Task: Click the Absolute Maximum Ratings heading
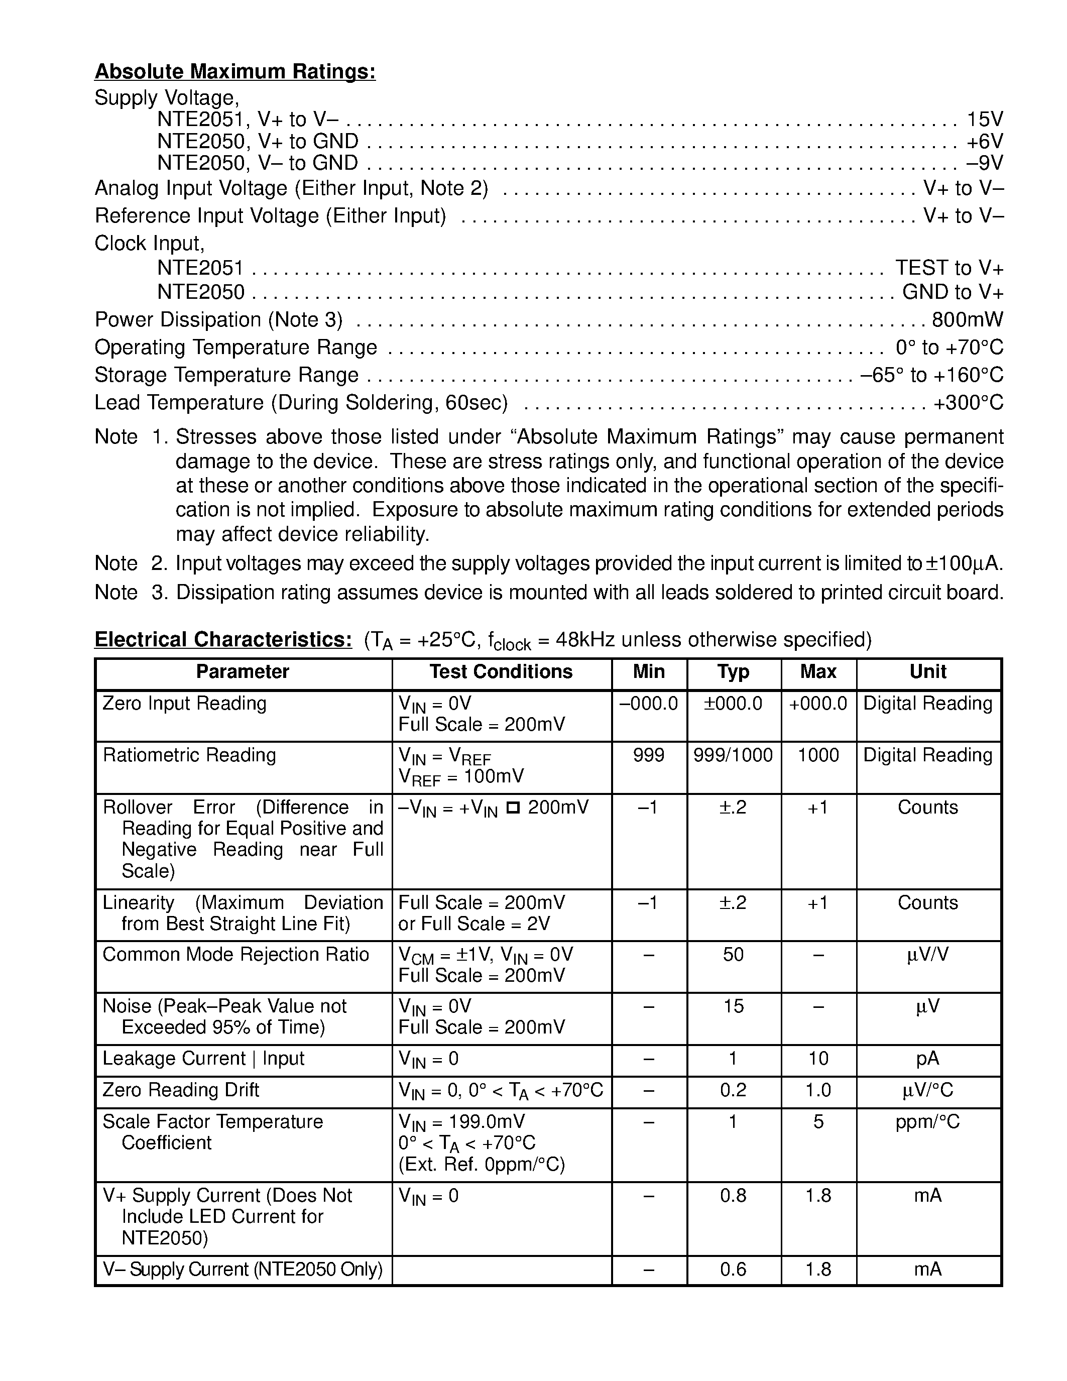[235, 72]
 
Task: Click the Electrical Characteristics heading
[223, 639]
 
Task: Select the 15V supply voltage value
[985, 120]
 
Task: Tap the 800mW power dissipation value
[967, 320]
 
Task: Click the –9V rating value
[984, 163]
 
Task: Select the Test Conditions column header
[501, 671]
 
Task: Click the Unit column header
[927, 671]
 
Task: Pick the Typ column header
[733, 671]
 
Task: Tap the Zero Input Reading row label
[185, 703]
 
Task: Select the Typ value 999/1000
[733, 755]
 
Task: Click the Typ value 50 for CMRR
[733, 954]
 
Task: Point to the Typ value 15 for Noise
[733, 1006]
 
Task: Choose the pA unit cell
[927, 1059]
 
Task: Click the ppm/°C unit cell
[927, 1122]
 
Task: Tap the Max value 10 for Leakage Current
[818, 1059]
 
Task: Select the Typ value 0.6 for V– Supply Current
[733, 1269]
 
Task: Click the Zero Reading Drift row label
[181, 1090]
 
